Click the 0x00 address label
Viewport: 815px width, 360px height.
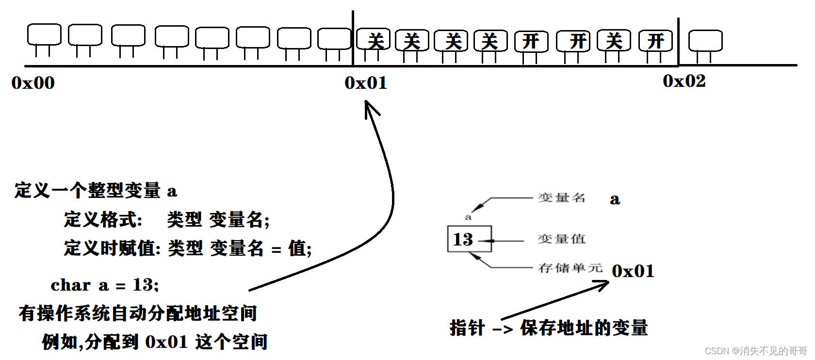[33, 83]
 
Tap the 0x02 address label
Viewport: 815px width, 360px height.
[684, 81]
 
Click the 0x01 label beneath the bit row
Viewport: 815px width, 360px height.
[366, 83]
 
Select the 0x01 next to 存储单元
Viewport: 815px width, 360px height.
[633, 271]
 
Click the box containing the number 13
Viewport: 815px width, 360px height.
[469, 239]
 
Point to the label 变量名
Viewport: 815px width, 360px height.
[562, 198]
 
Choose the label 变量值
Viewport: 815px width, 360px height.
[562, 239]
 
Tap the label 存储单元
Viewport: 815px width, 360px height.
[570, 268]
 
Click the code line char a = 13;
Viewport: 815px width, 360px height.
[105, 285]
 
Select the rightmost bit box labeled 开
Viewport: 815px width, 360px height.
[655, 41]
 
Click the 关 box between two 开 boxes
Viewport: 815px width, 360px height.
[614, 40]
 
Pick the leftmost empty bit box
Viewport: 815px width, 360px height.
[44, 34]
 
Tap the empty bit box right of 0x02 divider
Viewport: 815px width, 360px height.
[705, 41]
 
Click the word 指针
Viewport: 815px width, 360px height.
[467, 328]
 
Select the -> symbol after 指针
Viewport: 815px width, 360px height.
[503, 329]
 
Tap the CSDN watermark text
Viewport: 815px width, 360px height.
[755, 351]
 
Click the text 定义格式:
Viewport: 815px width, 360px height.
[103, 220]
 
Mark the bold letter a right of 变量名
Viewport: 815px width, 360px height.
[615, 199]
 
